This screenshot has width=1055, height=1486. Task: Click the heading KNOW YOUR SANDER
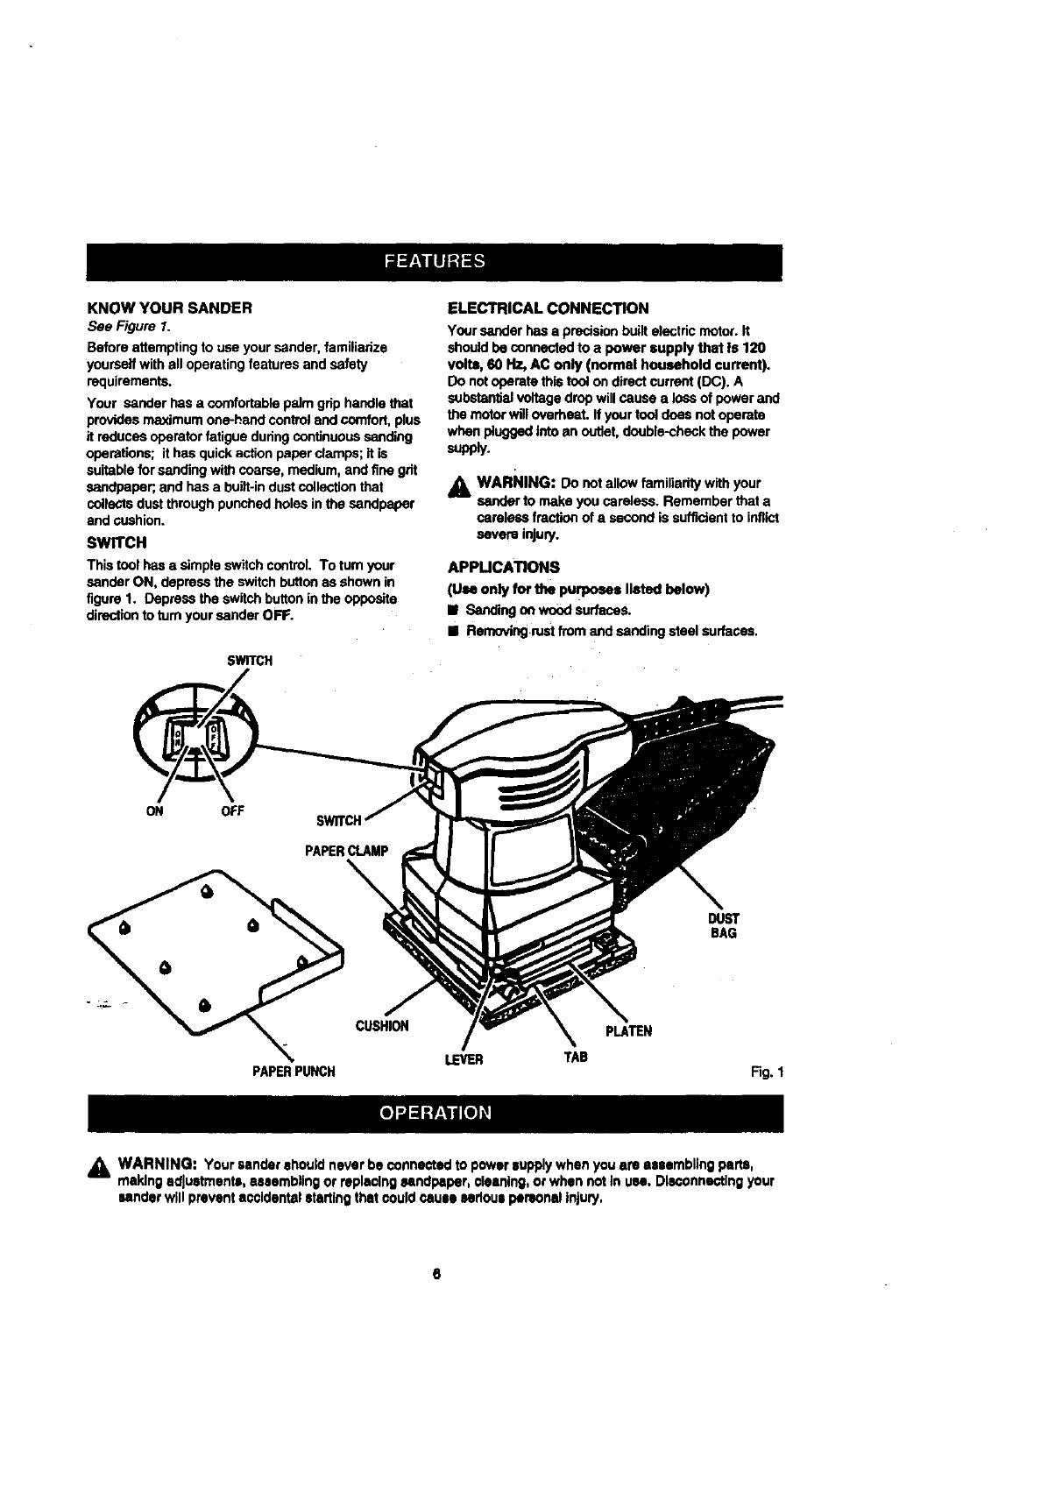170,308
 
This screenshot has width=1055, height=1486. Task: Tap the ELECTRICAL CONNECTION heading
548,308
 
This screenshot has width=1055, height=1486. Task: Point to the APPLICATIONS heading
503,567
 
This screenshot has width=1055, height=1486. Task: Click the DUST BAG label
723,925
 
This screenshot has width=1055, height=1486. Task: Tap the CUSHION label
381,1026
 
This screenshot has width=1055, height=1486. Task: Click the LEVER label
464,1060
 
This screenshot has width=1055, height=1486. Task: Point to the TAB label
575,1058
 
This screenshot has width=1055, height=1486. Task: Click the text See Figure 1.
122,327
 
